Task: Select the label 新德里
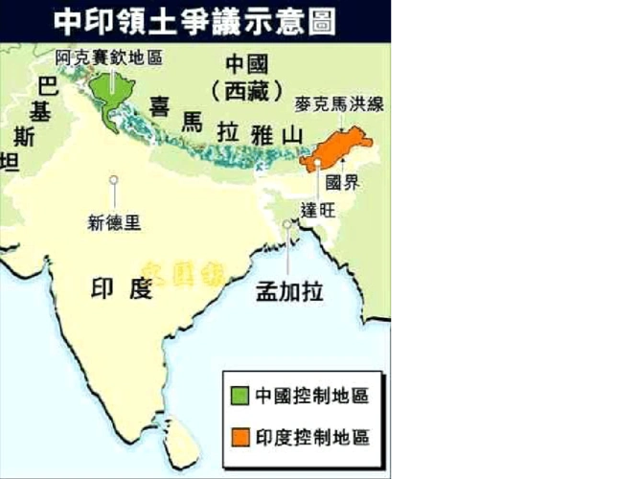pos(114,222)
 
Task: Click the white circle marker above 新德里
pos(114,179)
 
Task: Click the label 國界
pos(345,182)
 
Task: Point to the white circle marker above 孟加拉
pos(287,226)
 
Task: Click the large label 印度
pos(122,287)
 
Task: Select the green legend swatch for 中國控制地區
pos(239,395)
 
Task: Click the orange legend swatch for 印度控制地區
pos(239,436)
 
